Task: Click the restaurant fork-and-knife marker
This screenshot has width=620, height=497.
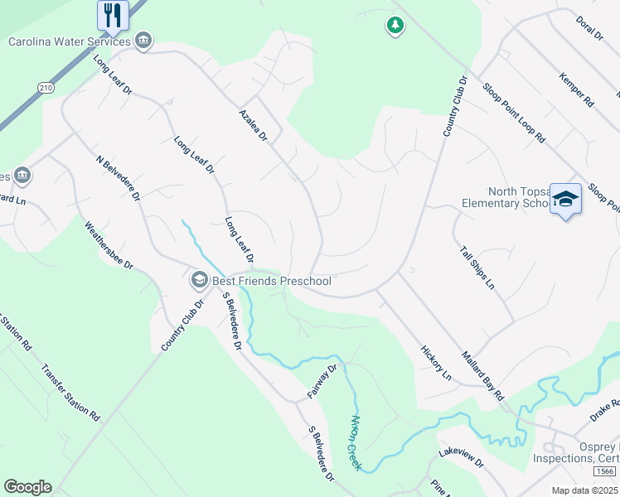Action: click(x=112, y=15)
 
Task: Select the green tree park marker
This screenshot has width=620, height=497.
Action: click(x=395, y=26)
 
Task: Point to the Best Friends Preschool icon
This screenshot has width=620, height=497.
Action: click(x=199, y=281)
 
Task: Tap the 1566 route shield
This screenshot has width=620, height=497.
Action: click(x=603, y=471)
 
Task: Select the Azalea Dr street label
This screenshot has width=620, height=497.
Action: click(x=253, y=125)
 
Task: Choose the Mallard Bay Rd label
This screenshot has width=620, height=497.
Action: click(x=483, y=375)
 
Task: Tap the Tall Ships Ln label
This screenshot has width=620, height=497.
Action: click(x=477, y=266)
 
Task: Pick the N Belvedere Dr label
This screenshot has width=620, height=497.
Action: click(x=119, y=178)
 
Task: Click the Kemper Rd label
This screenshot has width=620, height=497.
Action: click(x=577, y=90)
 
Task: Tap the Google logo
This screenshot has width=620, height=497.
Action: click(x=27, y=487)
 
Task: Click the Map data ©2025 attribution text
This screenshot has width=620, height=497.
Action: click(x=584, y=490)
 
